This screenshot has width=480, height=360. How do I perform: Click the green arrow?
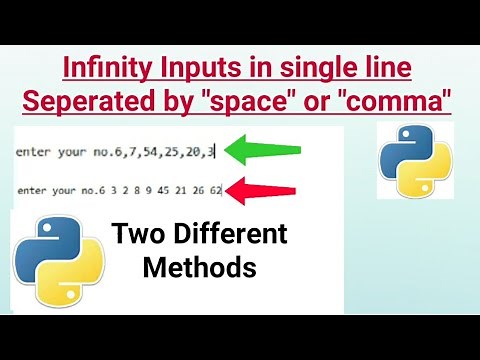coord(262,152)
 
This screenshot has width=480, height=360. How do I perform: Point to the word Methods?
coord(199,267)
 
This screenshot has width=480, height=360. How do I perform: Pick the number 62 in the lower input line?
coord(214,189)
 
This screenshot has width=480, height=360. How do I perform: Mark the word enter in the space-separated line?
coord(35,189)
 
